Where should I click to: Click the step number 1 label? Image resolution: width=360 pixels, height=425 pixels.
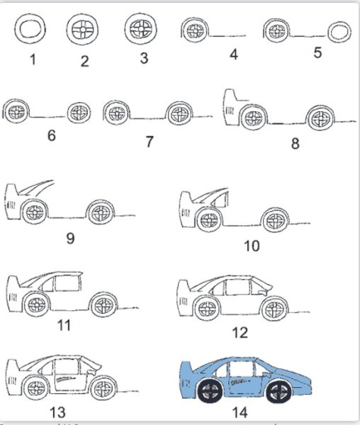pyautogui.click(x=33, y=59)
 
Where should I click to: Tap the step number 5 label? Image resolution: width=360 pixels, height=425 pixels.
pyautogui.click(x=317, y=52)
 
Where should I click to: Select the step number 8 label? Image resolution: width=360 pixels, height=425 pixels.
pyautogui.click(x=296, y=143)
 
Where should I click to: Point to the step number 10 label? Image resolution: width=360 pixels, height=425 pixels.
pyautogui.click(x=252, y=246)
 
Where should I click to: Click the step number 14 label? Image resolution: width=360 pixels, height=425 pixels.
pyautogui.click(x=240, y=413)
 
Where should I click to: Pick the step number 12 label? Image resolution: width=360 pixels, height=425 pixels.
pyautogui.click(x=240, y=333)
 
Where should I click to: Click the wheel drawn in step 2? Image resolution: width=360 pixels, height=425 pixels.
pyautogui.click(x=82, y=30)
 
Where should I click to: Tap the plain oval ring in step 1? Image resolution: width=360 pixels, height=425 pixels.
pyautogui.click(x=30, y=29)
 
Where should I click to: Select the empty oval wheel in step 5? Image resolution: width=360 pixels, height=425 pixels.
pyautogui.click(x=339, y=32)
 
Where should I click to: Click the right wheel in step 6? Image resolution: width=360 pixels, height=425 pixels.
pyautogui.click(x=79, y=113)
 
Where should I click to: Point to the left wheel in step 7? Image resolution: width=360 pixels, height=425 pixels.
pyautogui.click(x=117, y=113)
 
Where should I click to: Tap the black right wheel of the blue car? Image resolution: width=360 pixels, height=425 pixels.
pyautogui.click(x=279, y=392)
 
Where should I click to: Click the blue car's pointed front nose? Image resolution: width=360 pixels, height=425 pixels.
pyautogui.click(x=310, y=382)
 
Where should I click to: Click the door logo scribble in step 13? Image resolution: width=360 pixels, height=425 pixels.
pyautogui.click(x=65, y=378)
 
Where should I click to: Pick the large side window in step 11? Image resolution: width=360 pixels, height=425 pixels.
pyautogui.click(x=68, y=283)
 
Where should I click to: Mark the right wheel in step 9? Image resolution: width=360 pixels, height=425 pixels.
pyautogui.click(x=101, y=212)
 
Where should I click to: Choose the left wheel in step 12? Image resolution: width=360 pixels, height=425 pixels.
pyautogui.click(x=208, y=308)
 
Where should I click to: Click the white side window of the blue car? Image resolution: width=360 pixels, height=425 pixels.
pyautogui.click(x=241, y=368)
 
